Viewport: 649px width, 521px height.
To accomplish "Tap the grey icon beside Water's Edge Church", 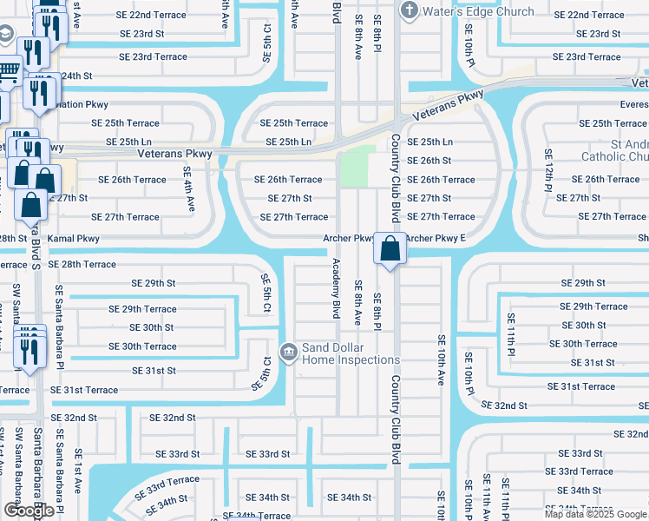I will tap(410, 10).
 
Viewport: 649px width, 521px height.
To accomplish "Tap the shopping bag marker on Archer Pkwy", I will tap(391, 248).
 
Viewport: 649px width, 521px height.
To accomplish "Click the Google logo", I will tap(29, 511).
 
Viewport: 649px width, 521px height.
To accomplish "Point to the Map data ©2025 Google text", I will tap(595, 514).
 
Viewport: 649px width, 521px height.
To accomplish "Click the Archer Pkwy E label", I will tap(436, 238).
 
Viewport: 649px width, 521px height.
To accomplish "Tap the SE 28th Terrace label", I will tap(82, 264).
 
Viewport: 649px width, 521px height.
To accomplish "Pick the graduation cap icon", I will tap(6, 34).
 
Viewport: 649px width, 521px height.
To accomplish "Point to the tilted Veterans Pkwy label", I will tap(449, 104).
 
